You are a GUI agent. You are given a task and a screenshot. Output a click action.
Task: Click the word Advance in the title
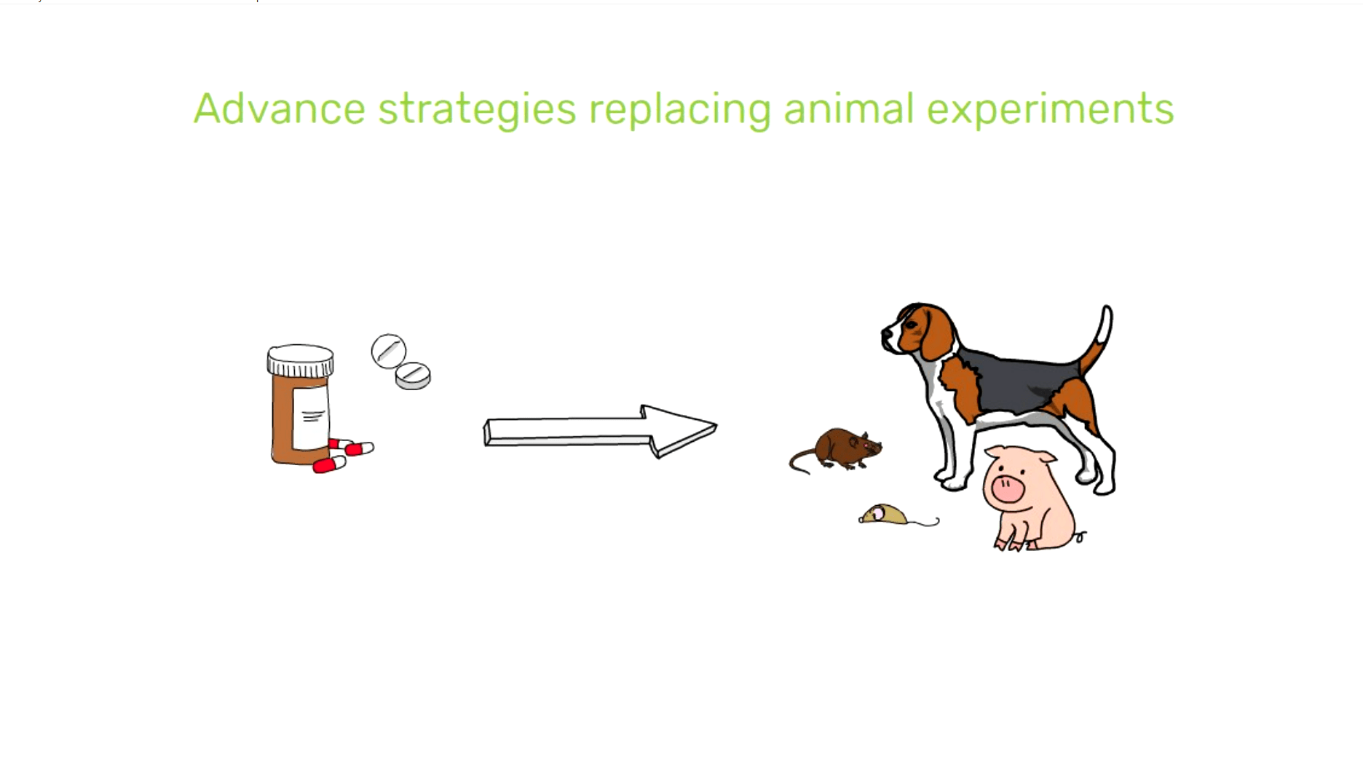point(280,108)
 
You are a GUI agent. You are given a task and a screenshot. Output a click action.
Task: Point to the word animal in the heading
point(848,108)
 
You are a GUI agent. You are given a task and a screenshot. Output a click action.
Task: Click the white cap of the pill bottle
point(300,360)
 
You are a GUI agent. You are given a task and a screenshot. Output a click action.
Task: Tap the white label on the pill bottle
point(311,417)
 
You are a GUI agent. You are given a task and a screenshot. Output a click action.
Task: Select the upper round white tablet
point(388,351)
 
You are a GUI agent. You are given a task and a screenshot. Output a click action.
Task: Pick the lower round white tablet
point(413,376)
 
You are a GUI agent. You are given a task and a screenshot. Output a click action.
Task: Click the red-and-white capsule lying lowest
point(329,464)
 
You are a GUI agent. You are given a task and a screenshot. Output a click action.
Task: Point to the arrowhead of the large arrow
point(680,431)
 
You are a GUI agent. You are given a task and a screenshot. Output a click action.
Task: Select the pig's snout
point(1008,488)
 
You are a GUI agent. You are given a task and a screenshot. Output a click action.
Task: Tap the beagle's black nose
point(886,335)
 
